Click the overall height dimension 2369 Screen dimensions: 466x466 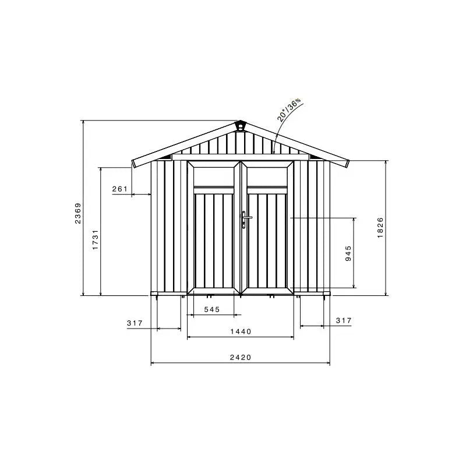coord(78,213)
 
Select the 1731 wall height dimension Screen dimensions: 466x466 coord(95,239)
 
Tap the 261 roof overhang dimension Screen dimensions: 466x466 coord(119,189)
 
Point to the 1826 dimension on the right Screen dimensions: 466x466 coord(380,227)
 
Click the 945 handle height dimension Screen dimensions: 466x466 coord(348,253)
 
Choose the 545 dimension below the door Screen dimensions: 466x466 coord(211,309)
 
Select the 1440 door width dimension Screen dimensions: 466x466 coord(240,331)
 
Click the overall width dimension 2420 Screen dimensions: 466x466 coord(240,358)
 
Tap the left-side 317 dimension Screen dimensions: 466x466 coord(135,323)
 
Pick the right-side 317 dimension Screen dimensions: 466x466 coord(344,320)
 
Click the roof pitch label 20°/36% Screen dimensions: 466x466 coord(290,110)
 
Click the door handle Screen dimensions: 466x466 coord(245,220)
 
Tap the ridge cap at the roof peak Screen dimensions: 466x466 coord(240,125)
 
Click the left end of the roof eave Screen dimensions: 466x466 coord(135,163)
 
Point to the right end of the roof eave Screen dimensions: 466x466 coord(347,163)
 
